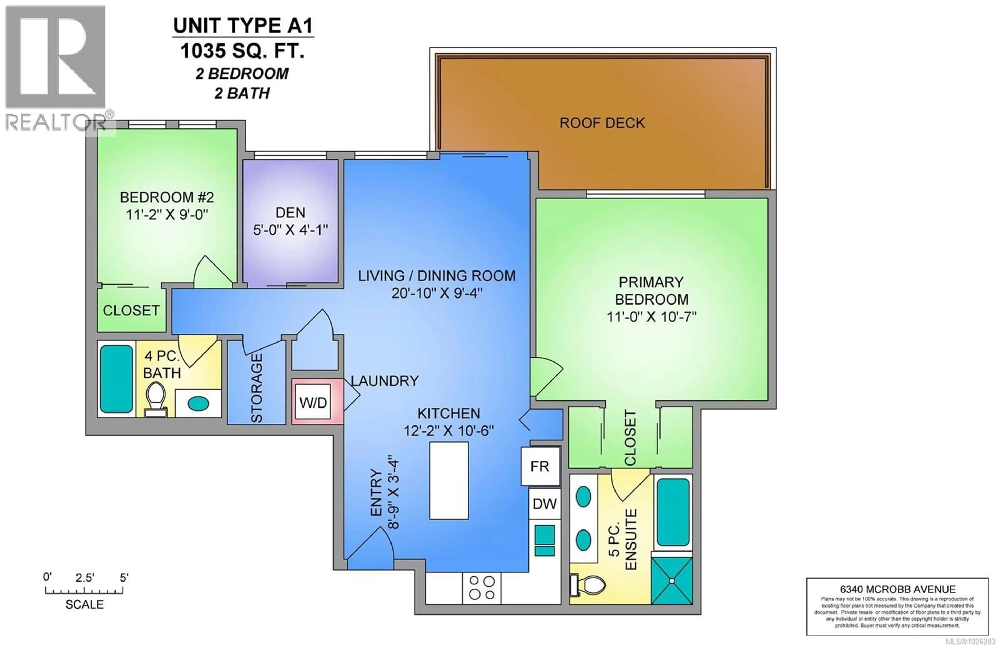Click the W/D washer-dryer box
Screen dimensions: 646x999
pos(313,403)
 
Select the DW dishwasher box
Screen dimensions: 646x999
pos(545,503)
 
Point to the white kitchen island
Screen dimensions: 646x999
pos(449,480)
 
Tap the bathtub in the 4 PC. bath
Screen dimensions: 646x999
pos(116,379)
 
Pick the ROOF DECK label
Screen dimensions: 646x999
pos(602,123)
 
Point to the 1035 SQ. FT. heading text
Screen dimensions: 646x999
pos(242,51)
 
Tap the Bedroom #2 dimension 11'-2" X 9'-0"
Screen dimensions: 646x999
pos(167,215)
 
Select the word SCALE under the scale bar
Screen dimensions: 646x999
pos(84,604)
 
